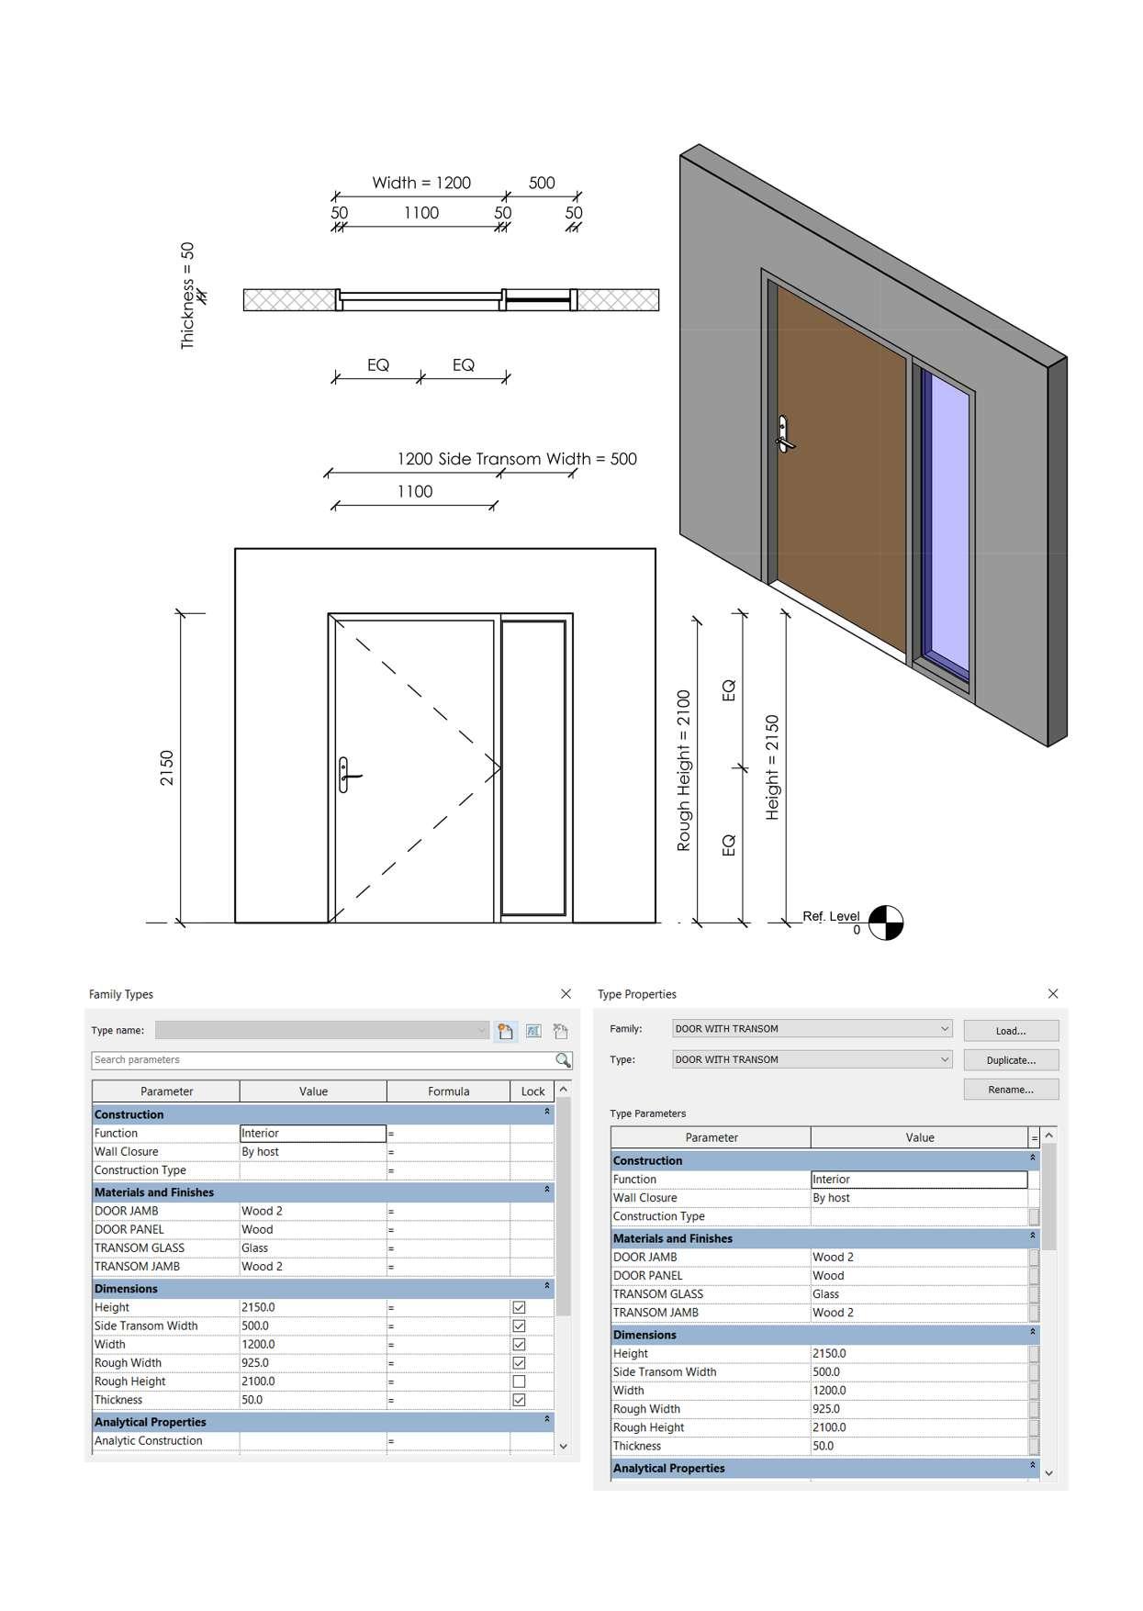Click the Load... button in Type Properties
(x=1010, y=1031)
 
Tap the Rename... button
(x=1010, y=1090)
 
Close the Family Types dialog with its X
(x=566, y=993)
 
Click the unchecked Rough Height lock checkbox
(x=519, y=1382)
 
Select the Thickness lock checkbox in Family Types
(x=519, y=1400)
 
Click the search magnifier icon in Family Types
(x=563, y=1060)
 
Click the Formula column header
(x=448, y=1091)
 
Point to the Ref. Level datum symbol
(x=886, y=923)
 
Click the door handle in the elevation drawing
(x=345, y=775)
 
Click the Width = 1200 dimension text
(x=421, y=183)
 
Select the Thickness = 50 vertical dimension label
(x=188, y=295)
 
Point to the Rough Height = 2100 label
(x=684, y=770)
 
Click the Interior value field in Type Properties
(x=918, y=1180)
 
